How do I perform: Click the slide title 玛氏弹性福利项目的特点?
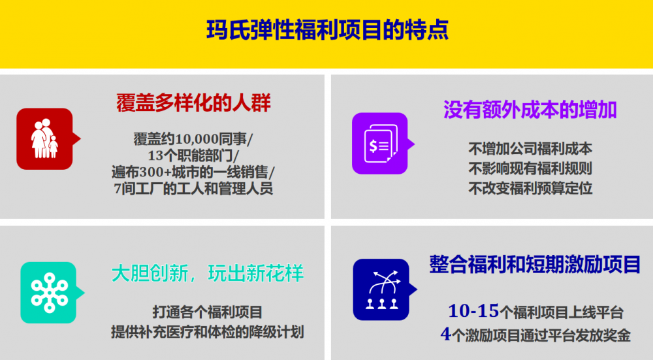[327, 29]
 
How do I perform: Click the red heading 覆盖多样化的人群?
[194, 103]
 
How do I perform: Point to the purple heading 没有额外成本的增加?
[530, 110]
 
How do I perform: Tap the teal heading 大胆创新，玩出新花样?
[208, 273]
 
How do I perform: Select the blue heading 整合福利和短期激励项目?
[535, 264]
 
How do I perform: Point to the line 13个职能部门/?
[193, 155]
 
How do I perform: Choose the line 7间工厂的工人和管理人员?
[193, 188]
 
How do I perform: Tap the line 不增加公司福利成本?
[530, 148]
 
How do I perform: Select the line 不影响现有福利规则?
[530, 169]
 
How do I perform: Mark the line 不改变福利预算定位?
[530, 188]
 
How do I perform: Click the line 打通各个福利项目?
[208, 312]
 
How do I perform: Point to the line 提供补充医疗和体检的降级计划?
[208, 332]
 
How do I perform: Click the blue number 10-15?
[473, 311]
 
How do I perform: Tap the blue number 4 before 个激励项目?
[445, 334]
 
